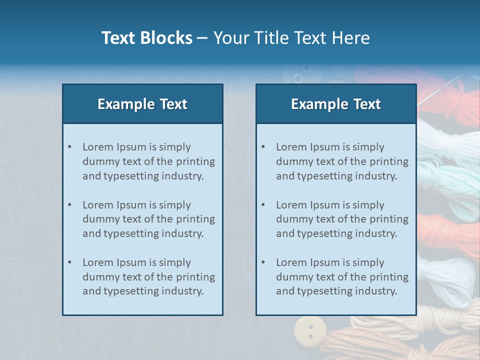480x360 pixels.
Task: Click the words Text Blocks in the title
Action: point(146,38)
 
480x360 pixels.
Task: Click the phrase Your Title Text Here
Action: point(291,38)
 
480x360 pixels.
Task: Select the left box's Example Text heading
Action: point(142,104)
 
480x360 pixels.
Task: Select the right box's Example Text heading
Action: point(336,104)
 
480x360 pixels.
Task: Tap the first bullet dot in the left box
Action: point(69,147)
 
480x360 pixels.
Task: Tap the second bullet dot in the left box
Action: point(69,205)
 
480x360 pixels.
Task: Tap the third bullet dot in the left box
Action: point(69,262)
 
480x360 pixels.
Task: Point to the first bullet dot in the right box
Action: point(263,147)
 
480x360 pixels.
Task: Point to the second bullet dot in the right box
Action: point(263,205)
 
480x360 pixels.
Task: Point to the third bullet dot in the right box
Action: point(263,262)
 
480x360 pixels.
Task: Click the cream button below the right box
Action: point(310,330)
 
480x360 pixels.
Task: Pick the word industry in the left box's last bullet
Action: point(183,291)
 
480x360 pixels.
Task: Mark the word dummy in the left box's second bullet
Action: point(98,219)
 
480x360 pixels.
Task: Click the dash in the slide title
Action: point(202,38)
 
